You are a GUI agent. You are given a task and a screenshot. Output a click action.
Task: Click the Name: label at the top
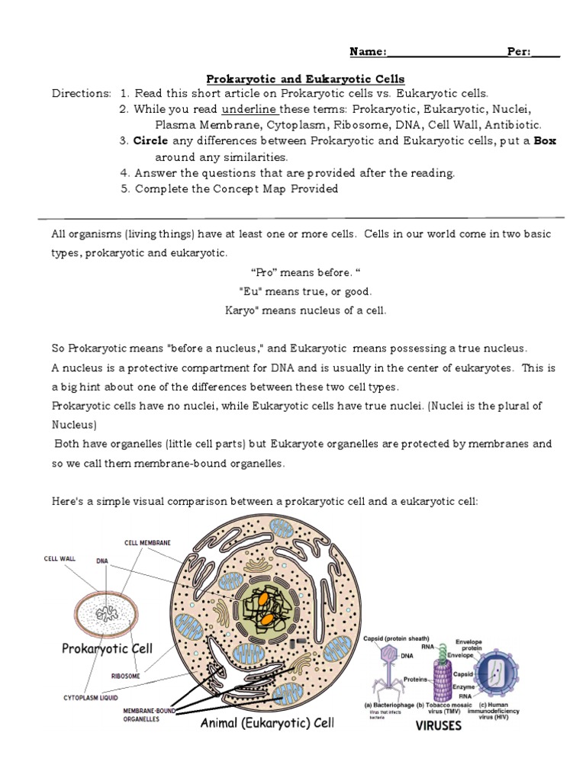[x=368, y=52]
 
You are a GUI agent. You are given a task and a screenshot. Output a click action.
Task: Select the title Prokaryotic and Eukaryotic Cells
[x=306, y=79]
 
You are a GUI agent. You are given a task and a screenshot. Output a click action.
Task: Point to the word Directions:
[x=82, y=94]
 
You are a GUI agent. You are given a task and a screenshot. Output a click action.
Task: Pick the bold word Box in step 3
[x=545, y=141]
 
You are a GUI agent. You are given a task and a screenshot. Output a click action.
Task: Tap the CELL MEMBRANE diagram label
[x=147, y=543]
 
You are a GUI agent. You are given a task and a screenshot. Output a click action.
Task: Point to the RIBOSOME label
[x=125, y=675]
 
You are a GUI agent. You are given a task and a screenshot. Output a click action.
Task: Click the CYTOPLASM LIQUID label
[x=89, y=697]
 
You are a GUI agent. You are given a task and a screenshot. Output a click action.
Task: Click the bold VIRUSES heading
[x=437, y=725]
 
